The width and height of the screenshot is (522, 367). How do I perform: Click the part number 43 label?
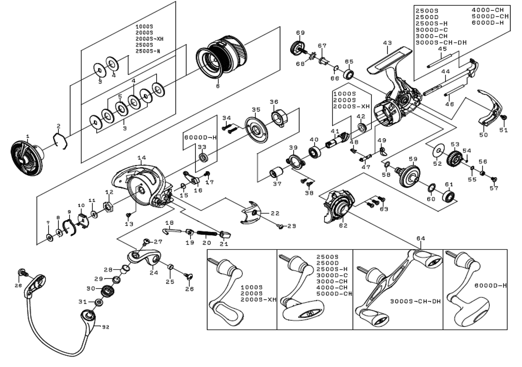[387, 43]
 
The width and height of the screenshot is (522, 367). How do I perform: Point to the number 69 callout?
[300, 33]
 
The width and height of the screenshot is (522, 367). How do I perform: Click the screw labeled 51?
[504, 118]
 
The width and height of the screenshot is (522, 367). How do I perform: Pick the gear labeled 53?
[455, 156]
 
